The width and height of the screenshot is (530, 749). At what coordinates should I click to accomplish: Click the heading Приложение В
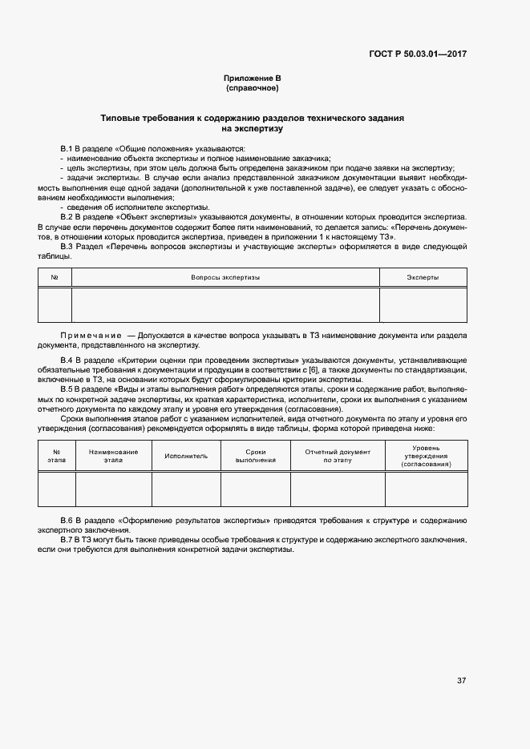click(x=252, y=78)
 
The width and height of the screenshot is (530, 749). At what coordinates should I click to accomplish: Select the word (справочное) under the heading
click(x=252, y=87)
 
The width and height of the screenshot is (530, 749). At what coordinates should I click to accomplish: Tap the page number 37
click(x=461, y=681)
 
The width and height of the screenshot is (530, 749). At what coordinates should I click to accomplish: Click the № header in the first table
click(x=55, y=277)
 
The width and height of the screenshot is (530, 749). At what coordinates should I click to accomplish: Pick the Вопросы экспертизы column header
click(x=225, y=277)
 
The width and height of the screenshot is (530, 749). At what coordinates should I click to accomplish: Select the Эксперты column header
click(x=423, y=277)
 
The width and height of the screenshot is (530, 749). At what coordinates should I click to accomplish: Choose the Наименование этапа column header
click(x=113, y=456)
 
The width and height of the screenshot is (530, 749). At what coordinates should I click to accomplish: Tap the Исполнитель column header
click(x=186, y=456)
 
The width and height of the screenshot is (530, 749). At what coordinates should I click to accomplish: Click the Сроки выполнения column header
click(x=255, y=456)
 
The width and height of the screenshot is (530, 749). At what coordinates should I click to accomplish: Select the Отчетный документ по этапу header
click(x=338, y=456)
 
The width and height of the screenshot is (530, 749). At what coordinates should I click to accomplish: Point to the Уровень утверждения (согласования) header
click(x=425, y=455)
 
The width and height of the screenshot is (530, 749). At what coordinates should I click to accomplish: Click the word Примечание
click(x=87, y=334)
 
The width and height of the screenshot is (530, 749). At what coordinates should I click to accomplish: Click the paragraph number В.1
click(x=67, y=150)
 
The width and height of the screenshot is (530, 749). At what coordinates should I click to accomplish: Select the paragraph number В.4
click(x=67, y=360)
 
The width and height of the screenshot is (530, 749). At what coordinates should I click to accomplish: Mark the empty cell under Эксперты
click(x=423, y=304)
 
